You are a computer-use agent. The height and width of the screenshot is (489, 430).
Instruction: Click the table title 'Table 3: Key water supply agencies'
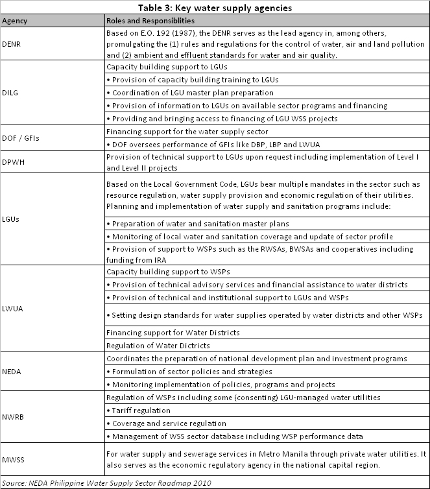click(215, 7)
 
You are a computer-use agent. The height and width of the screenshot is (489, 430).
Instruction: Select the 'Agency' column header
click(14, 20)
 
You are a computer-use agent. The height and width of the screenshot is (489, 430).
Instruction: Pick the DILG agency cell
click(12, 93)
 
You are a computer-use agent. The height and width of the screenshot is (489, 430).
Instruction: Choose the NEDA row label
click(13, 372)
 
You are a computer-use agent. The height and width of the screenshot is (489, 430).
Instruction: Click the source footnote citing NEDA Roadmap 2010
click(106, 483)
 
